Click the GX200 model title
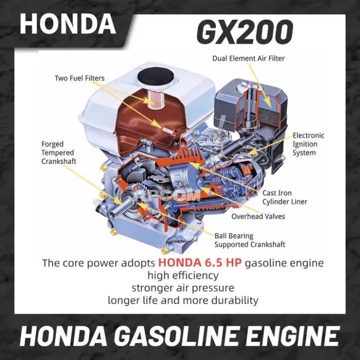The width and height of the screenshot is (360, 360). pos(245,32)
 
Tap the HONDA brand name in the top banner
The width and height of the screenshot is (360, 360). pos(68,24)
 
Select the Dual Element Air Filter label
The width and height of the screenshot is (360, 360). pos(248,58)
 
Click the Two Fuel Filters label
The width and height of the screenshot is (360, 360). pos(79,78)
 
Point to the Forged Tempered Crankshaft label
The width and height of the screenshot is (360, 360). pos(59,153)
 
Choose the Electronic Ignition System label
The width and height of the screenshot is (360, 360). pos(309,144)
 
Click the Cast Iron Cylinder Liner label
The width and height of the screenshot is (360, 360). pos(285,197)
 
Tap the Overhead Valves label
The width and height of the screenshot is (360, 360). pos(258,217)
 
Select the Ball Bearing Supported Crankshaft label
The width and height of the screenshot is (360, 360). pos(250,240)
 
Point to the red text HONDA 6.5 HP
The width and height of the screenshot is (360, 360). pos(200,263)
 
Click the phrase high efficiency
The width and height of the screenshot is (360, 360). pos(183,275)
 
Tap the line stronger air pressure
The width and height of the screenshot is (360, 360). pos(183,287)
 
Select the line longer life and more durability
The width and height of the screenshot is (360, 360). pos(183,300)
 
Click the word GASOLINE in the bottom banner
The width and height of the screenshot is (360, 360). pos(177,336)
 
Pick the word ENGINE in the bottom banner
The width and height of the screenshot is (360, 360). pos(291,336)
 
